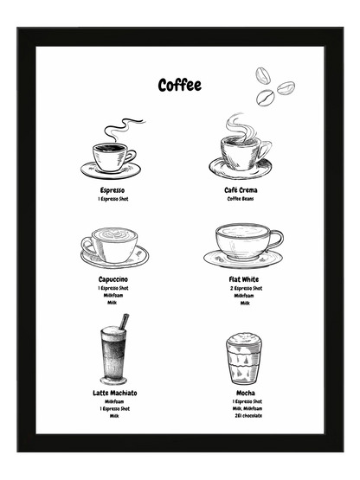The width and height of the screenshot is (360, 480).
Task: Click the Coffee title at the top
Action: pyautogui.click(x=179, y=85)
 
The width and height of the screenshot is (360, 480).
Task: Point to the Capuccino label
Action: pyautogui.click(x=113, y=280)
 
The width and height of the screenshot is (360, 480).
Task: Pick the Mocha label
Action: pyautogui.click(x=244, y=393)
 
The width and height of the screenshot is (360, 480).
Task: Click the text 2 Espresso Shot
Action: pyautogui.click(x=245, y=289)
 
